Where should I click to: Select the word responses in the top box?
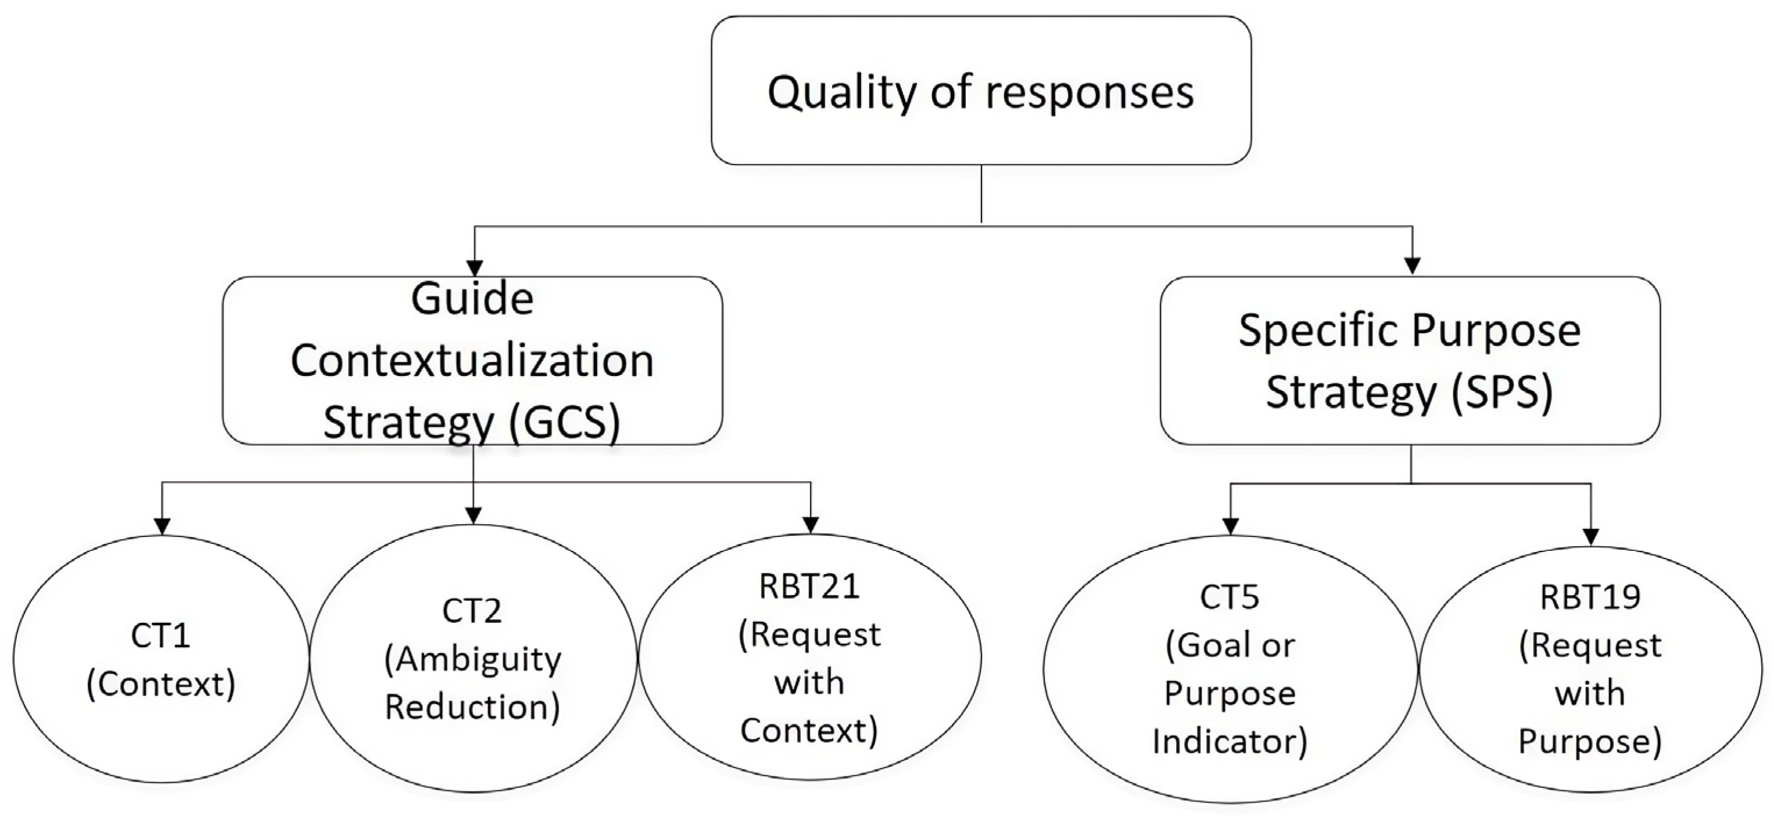(x=1089, y=93)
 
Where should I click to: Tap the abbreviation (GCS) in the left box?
(x=564, y=422)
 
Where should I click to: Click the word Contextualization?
(x=472, y=360)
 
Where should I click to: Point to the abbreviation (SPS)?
(x=1501, y=391)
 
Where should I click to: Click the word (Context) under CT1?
(x=160, y=684)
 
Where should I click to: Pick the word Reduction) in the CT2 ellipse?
(x=472, y=707)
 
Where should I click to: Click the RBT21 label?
(x=809, y=587)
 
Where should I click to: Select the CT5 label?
(x=1230, y=597)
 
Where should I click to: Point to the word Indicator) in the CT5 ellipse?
(x=1230, y=742)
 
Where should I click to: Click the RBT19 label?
(x=1590, y=597)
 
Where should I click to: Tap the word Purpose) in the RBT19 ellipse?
(x=1590, y=742)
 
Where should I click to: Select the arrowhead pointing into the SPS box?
(x=1413, y=265)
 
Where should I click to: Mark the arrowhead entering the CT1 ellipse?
(x=162, y=526)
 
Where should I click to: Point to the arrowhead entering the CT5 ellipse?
(x=1230, y=526)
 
